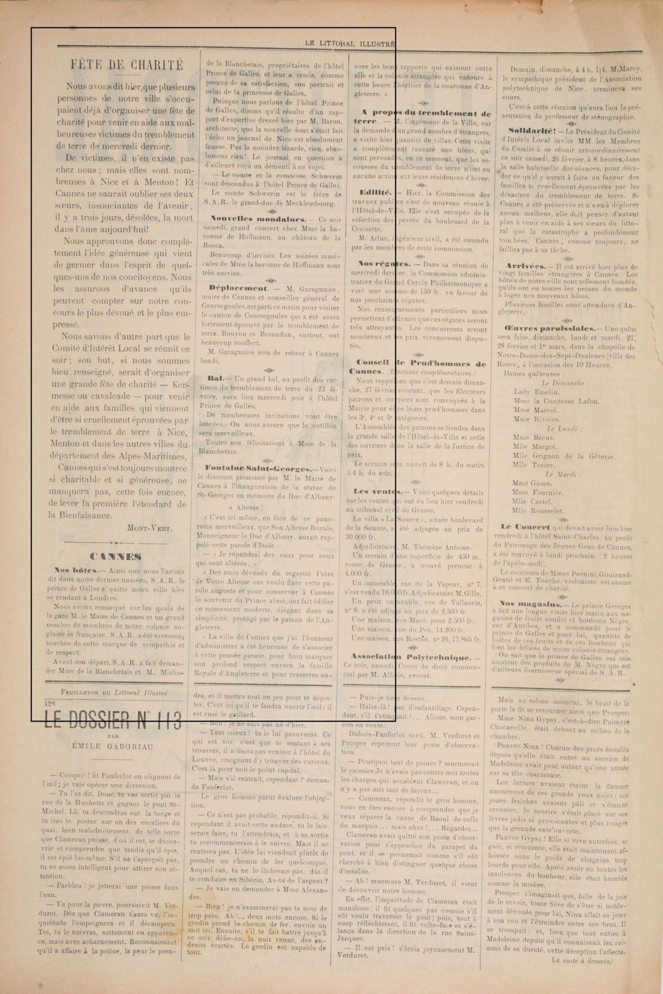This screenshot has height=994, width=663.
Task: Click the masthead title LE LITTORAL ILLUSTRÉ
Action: pos(350,44)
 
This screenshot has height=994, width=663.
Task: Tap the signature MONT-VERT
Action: pos(150,528)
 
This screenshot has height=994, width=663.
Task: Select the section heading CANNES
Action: pos(115,557)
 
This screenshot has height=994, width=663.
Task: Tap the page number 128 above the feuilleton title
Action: pos(50,703)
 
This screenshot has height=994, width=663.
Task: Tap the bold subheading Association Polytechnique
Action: pos(415,657)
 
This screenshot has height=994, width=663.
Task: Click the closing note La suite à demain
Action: pos(582,960)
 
